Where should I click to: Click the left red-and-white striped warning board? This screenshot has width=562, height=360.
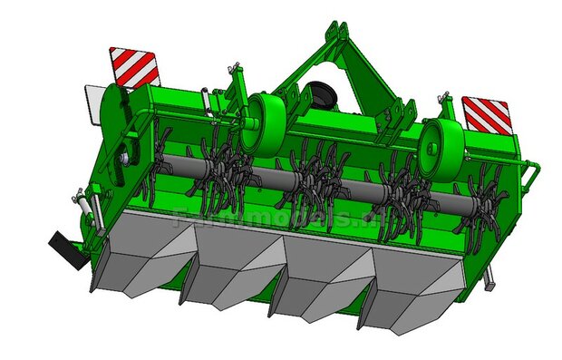(x=133, y=68)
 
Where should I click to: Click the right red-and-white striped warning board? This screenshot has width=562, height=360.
(x=487, y=115)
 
